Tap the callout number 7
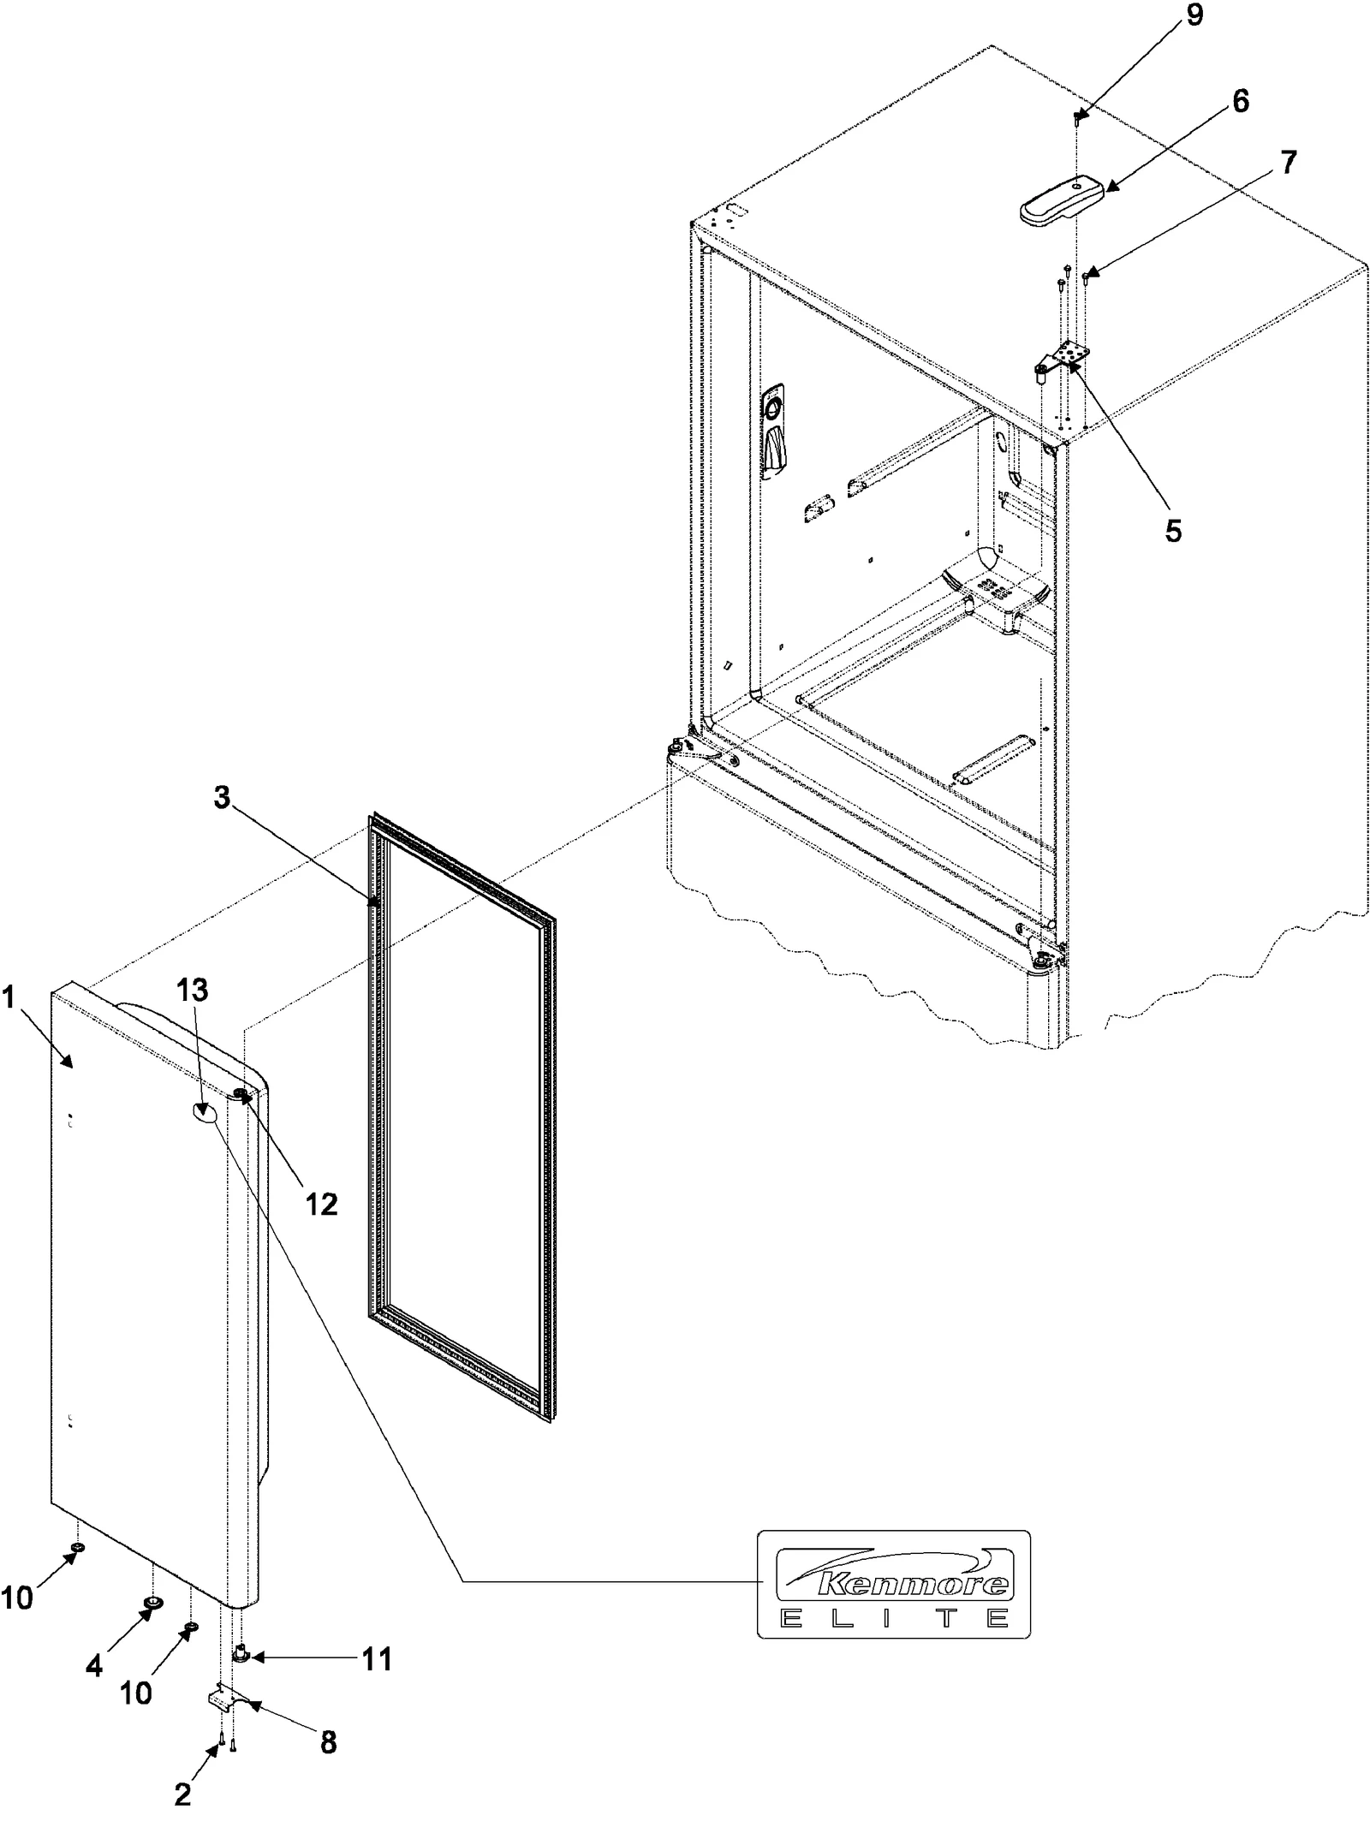click(x=1289, y=162)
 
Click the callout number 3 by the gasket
click(x=222, y=798)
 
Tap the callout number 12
click(x=321, y=1205)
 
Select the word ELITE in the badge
click(x=894, y=1618)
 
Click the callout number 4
click(x=94, y=1665)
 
